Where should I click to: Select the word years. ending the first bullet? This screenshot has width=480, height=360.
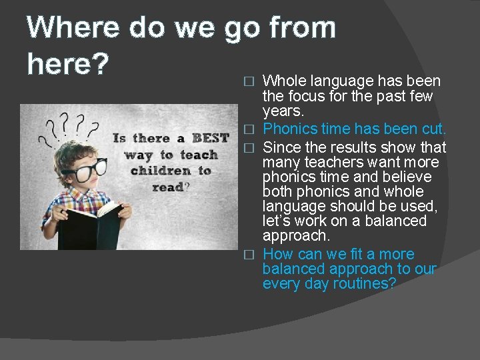coord(283,111)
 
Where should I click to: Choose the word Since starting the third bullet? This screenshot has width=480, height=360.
coord(283,147)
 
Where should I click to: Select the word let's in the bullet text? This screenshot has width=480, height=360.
coord(279,221)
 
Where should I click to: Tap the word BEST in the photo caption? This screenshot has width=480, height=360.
coord(210,139)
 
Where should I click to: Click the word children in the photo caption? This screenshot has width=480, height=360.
coord(161,171)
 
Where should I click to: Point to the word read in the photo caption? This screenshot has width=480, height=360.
coord(167,187)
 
